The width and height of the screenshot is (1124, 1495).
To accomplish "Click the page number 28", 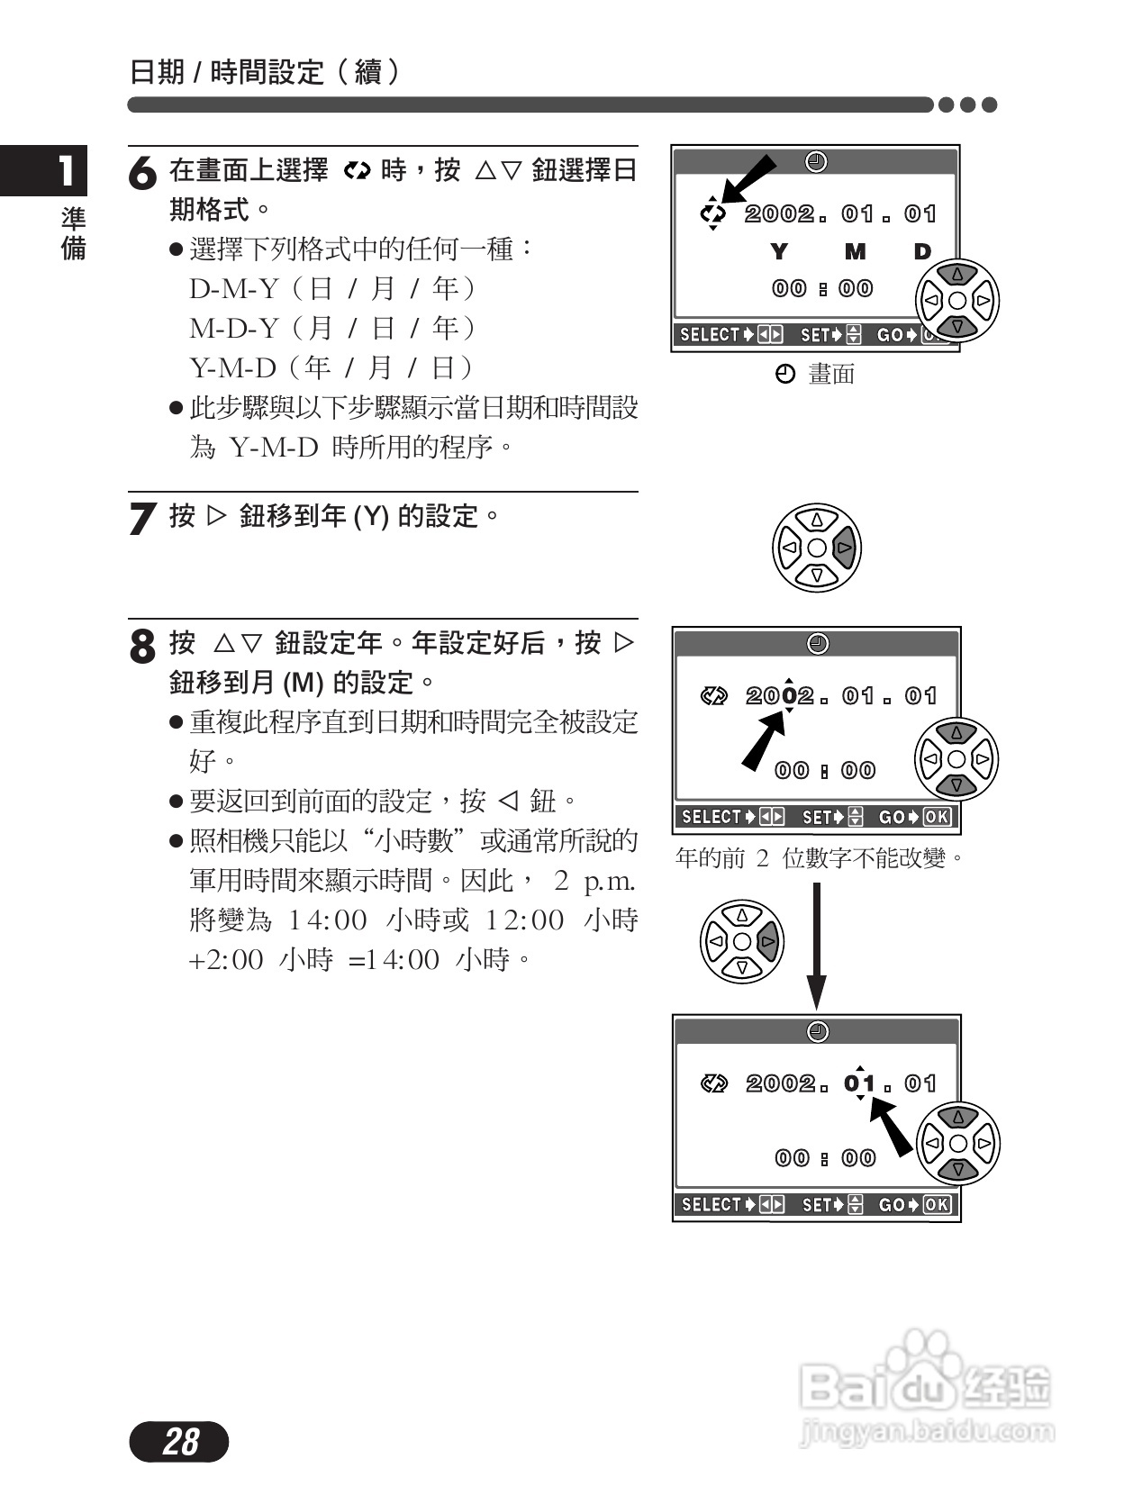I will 180,1442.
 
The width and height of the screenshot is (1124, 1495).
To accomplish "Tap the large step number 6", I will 142,174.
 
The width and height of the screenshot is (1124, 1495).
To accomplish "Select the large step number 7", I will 142,519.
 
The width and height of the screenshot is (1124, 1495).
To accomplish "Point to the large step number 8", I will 142,646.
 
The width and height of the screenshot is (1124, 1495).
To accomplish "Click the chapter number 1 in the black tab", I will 65,170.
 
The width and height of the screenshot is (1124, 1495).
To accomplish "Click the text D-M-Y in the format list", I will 233,289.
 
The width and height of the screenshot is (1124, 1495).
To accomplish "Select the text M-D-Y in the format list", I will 233,329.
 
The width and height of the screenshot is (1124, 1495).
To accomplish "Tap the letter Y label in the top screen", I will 779,252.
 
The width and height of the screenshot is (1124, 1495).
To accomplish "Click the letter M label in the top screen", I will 855,252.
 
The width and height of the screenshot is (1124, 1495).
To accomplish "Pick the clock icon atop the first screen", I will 816,162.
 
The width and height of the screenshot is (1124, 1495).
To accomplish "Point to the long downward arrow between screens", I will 816,946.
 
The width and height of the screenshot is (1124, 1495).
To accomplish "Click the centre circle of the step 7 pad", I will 817,548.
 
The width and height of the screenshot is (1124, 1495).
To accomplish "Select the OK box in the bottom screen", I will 937,1205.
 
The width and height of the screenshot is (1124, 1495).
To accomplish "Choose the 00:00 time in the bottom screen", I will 825,1158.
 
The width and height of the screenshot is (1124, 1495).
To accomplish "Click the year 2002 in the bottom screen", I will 780,1083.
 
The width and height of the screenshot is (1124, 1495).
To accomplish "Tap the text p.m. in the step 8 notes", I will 610,881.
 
